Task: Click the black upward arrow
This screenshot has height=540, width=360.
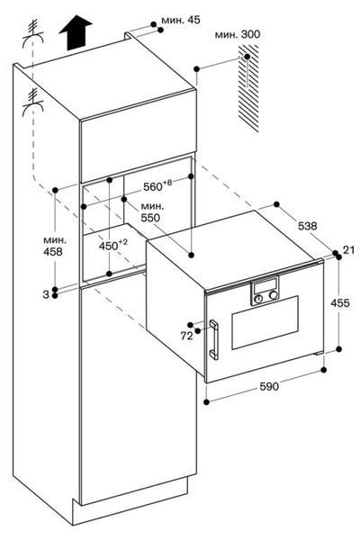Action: pyautogui.click(x=76, y=32)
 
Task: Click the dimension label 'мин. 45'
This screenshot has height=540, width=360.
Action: pyautogui.click(x=181, y=20)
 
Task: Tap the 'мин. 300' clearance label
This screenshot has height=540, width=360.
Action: pyautogui.click(x=238, y=34)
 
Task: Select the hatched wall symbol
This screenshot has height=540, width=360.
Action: pyautogui.click(x=247, y=88)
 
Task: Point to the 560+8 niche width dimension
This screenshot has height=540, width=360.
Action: pyautogui.click(x=157, y=186)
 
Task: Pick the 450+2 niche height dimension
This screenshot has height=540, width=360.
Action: pyautogui.click(x=113, y=245)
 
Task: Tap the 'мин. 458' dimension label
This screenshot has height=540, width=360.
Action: pyautogui.click(x=53, y=247)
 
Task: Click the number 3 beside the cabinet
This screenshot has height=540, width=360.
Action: pyautogui.click(x=46, y=294)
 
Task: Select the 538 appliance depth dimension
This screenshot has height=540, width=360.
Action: pyautogui.click(x=307, y=226)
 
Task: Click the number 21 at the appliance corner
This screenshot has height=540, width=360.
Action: pyautogui.click(x=348, y=249)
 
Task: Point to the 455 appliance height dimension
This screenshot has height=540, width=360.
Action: pyautogui.click(x=340, y=303)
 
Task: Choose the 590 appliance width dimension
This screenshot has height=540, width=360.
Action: pyautogui.click(x=269, y=386)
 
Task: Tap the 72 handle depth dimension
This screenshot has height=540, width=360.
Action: pyautogui.click(x=187, y=336)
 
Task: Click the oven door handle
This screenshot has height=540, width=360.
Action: pyautogui.click(x=213, y=340)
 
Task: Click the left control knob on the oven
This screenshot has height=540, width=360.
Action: pyautogui.click(x=257, y=299)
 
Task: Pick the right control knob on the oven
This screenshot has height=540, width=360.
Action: pyautogui.click(x=274, y=295)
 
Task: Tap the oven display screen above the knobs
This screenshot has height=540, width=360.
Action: pyautogui.click(x=265, y=286)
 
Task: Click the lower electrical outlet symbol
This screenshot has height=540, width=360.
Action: pyautogui.click(x=33, y=102)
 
